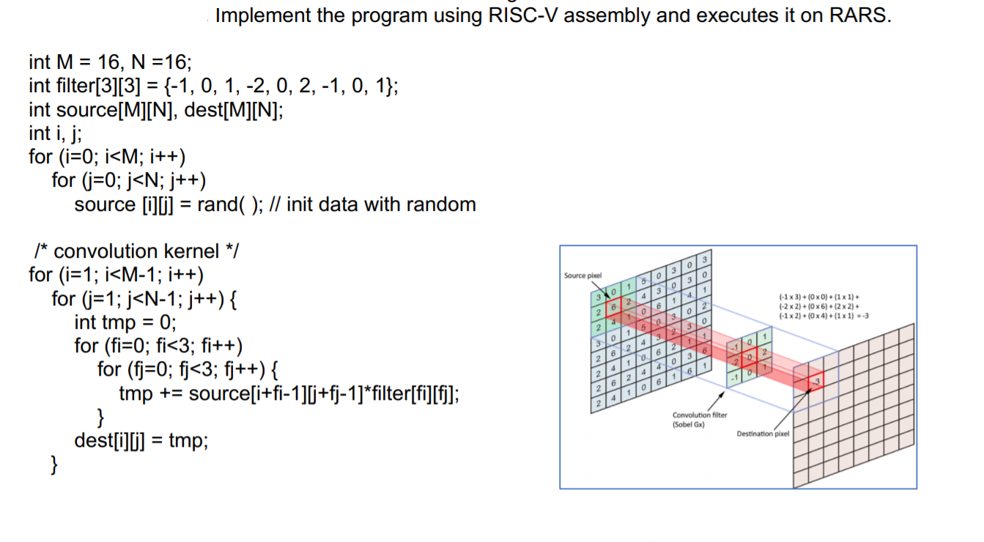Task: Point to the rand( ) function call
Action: tap(229, 204)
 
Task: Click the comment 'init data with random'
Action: tap(381, 204)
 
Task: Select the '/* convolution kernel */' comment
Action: tap(137, 251)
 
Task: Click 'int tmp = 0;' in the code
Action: tap(125, 322)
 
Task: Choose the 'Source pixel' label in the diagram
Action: tap(582, 275)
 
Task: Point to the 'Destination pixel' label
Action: tap(763, 434)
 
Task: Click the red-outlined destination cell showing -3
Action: tap(813, 381)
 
